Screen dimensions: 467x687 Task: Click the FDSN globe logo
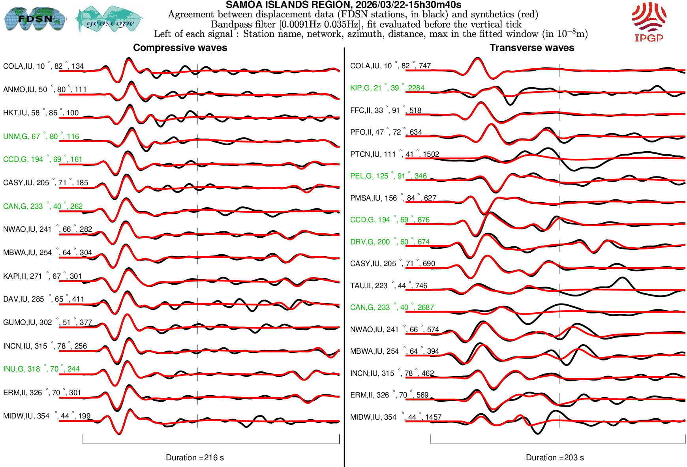35,19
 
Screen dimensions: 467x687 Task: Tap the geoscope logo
109,19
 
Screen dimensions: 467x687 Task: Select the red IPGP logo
649,22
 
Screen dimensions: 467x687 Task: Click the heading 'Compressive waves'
180,48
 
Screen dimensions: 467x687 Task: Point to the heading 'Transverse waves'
531,48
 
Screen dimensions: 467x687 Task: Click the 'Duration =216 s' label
195,458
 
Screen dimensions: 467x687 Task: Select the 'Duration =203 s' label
554,458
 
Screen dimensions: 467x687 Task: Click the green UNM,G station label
41,137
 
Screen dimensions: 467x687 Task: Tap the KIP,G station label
387,88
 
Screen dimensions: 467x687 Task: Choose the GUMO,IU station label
47,323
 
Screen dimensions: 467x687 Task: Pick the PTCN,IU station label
394,154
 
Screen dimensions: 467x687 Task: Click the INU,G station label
41,369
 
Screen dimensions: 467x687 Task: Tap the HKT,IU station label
41,113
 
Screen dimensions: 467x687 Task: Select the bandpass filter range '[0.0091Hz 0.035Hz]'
320,24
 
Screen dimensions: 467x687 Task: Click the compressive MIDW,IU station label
47,416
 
